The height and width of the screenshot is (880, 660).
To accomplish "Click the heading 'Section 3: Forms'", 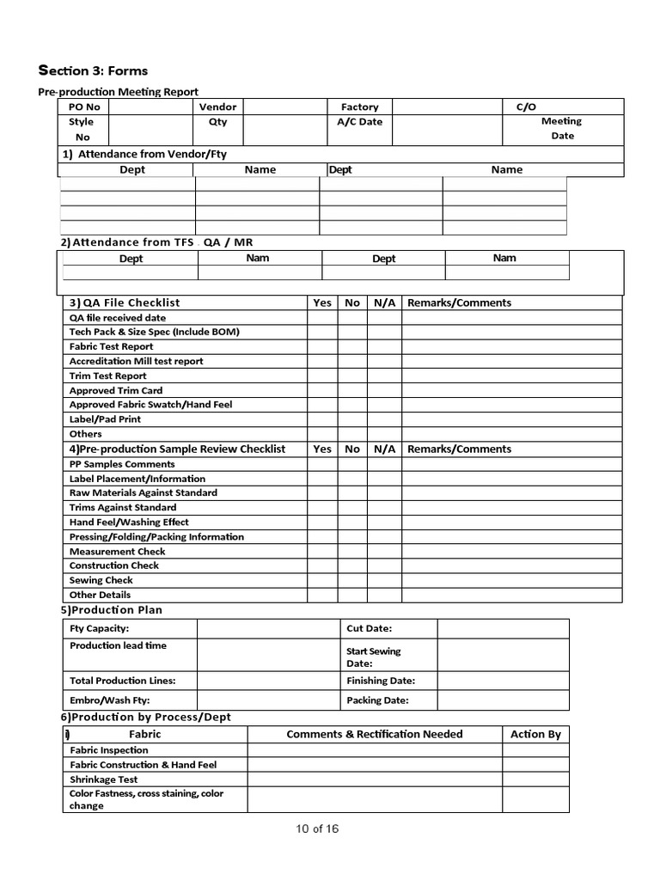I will click(93, 70).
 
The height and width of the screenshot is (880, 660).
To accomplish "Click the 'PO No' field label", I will click(84, 107).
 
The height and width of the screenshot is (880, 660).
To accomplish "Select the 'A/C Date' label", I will click(359, 122).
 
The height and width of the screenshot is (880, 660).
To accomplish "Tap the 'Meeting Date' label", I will click(561, 128).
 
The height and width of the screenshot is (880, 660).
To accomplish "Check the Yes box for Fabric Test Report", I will click(322, 346).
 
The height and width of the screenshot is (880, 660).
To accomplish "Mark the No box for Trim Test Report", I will click(352, 376).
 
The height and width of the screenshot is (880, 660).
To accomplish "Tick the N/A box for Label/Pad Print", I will click(384, 419).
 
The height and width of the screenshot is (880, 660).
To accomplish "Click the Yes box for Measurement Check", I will click(322, 551).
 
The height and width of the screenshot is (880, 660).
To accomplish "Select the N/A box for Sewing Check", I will click(384, 580).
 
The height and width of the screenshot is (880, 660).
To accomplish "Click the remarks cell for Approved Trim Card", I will click(511, 390).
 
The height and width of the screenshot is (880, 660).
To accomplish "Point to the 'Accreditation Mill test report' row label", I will click(136, 361).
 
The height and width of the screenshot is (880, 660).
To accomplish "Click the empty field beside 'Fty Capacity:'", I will click(268, 628).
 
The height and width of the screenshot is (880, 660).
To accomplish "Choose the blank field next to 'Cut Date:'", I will click(503, 628).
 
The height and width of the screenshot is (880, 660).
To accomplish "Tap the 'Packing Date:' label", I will click(377, 700).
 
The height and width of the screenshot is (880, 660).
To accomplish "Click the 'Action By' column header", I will click(535, 734).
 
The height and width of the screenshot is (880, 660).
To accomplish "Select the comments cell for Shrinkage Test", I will click(375, 779).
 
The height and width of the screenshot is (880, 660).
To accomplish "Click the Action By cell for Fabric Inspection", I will click(535, 749).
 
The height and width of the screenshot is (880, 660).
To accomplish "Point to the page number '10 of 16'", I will click(317, 828).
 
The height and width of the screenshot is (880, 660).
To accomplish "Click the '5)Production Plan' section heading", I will click(112, 610).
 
